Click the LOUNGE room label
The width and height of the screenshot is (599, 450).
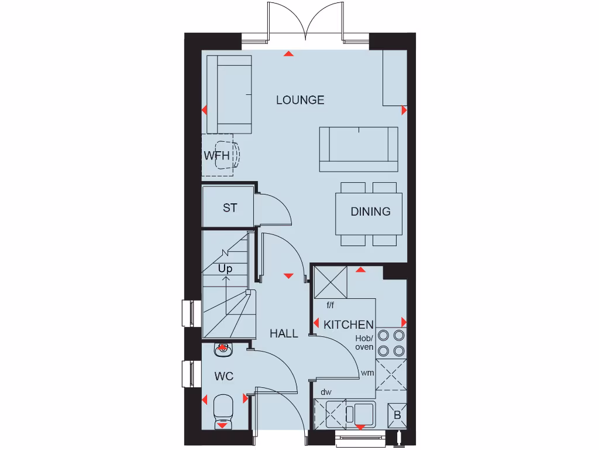click(x=300, y=100)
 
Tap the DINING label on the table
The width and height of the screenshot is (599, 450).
click(x=370, y=212)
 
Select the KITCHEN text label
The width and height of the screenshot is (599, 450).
click(x=349, y=325)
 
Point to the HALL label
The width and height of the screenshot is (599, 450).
click(x=284, y=333)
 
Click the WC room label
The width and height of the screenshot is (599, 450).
click(x=224, y=376)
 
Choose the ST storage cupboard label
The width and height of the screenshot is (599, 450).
click(x=230, y=208)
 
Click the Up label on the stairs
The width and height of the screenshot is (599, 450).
click(x=225, y=269)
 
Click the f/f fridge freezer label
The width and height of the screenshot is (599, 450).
click(x=331, y=305)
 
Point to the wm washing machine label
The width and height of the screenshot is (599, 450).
click(x=367, y=373)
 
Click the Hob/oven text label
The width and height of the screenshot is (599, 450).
click(x=364, y=343)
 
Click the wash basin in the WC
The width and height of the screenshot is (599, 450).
click(x=223, y=350)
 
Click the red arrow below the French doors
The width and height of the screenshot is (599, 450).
click(x=288, y=54)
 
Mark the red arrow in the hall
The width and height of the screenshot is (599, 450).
click(x=288, y=275)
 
